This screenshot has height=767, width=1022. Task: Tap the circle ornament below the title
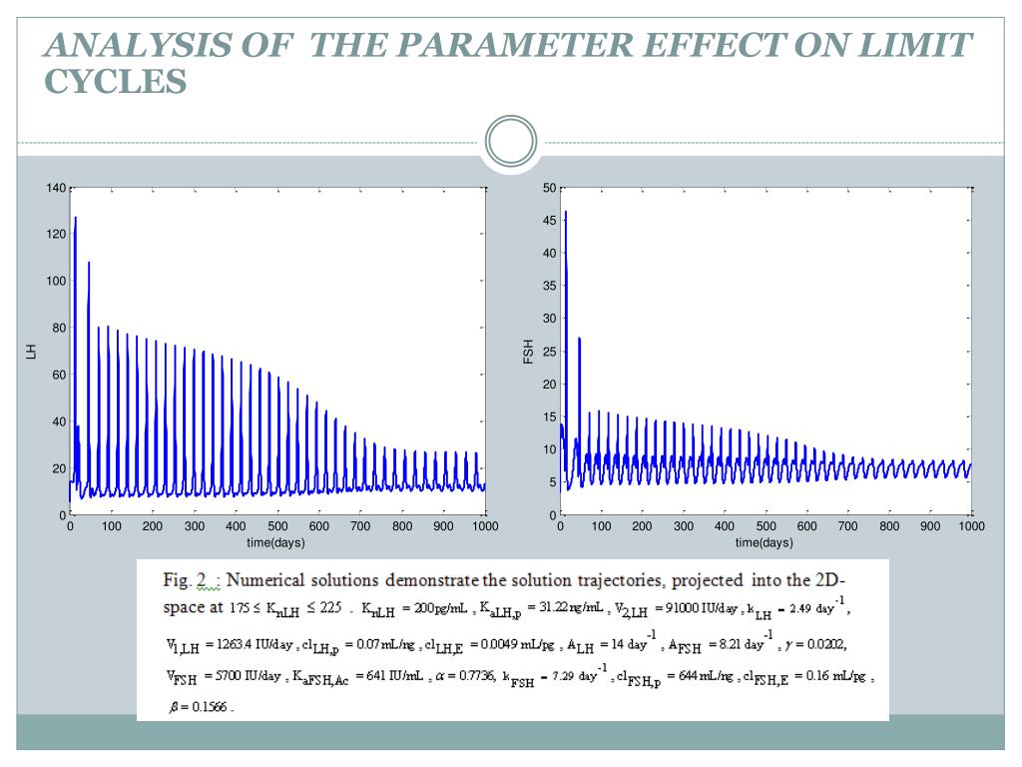point(511,142)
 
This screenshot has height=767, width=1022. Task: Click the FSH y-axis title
point(529,351)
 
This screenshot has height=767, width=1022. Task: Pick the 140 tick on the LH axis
point(56,188)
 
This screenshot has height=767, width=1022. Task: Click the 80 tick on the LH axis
point(59,328)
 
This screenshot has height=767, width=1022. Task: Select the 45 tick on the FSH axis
point(549,221)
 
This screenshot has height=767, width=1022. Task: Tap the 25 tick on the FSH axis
point(549,352)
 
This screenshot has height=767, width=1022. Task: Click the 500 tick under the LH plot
point(277,526)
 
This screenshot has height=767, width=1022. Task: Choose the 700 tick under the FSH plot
point(848,526)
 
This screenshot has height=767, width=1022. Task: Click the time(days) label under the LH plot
point(276,542)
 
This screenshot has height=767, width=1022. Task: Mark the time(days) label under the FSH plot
point(765,542)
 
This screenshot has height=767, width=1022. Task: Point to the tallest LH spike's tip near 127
point(75,218)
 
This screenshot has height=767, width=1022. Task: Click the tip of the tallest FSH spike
point(565,212)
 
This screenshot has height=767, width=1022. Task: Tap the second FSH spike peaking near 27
point(579,339)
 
